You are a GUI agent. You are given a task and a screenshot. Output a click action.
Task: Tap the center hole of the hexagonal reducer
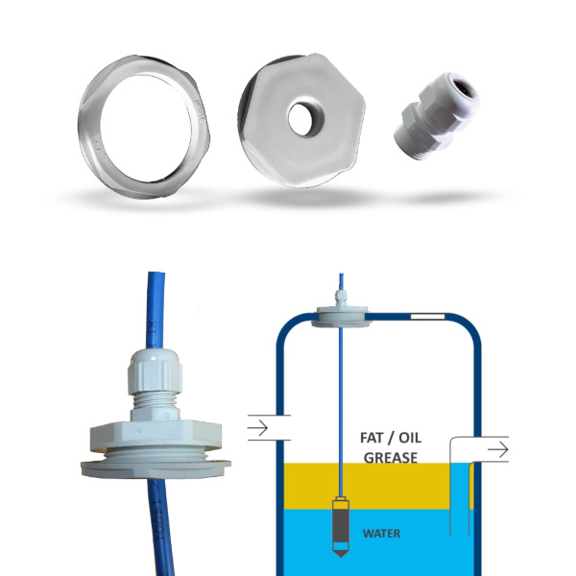coord(304,119)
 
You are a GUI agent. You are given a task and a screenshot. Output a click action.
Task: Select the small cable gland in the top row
coord(437,116)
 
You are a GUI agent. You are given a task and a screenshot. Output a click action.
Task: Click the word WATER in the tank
coord(381,534)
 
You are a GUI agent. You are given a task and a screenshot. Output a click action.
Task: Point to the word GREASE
coord(391,458)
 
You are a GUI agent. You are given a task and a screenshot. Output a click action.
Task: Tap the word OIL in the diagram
coord(410,438)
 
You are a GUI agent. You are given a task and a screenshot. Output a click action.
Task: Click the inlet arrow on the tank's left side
coord(258,428)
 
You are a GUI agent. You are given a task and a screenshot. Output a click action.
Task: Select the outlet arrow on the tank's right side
coord(498,449)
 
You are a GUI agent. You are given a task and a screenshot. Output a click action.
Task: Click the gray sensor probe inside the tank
coord(341,526)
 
